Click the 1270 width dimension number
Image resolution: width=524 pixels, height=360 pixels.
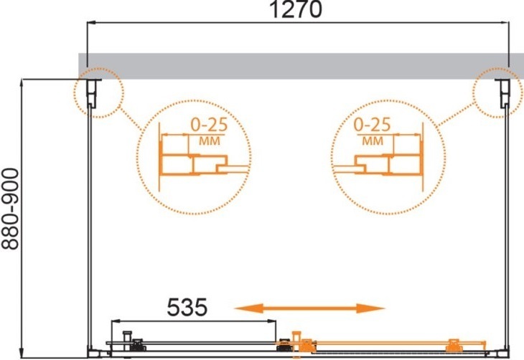[296, 9]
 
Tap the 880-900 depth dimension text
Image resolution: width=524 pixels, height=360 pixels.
[10, 209]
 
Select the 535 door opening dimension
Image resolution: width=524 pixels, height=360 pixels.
[187, 307]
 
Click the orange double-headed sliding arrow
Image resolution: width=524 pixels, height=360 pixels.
[310, 308]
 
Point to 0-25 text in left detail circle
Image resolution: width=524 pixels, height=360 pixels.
[209, 125]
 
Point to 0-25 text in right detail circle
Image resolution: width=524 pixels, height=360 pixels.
[372, 125]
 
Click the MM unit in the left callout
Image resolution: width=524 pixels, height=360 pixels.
[210, 141]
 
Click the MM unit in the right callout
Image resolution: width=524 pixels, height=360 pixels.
[373, 141]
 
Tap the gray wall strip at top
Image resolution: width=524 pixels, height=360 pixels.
[301, 66]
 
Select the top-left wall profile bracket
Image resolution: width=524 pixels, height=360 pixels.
[92, 93]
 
